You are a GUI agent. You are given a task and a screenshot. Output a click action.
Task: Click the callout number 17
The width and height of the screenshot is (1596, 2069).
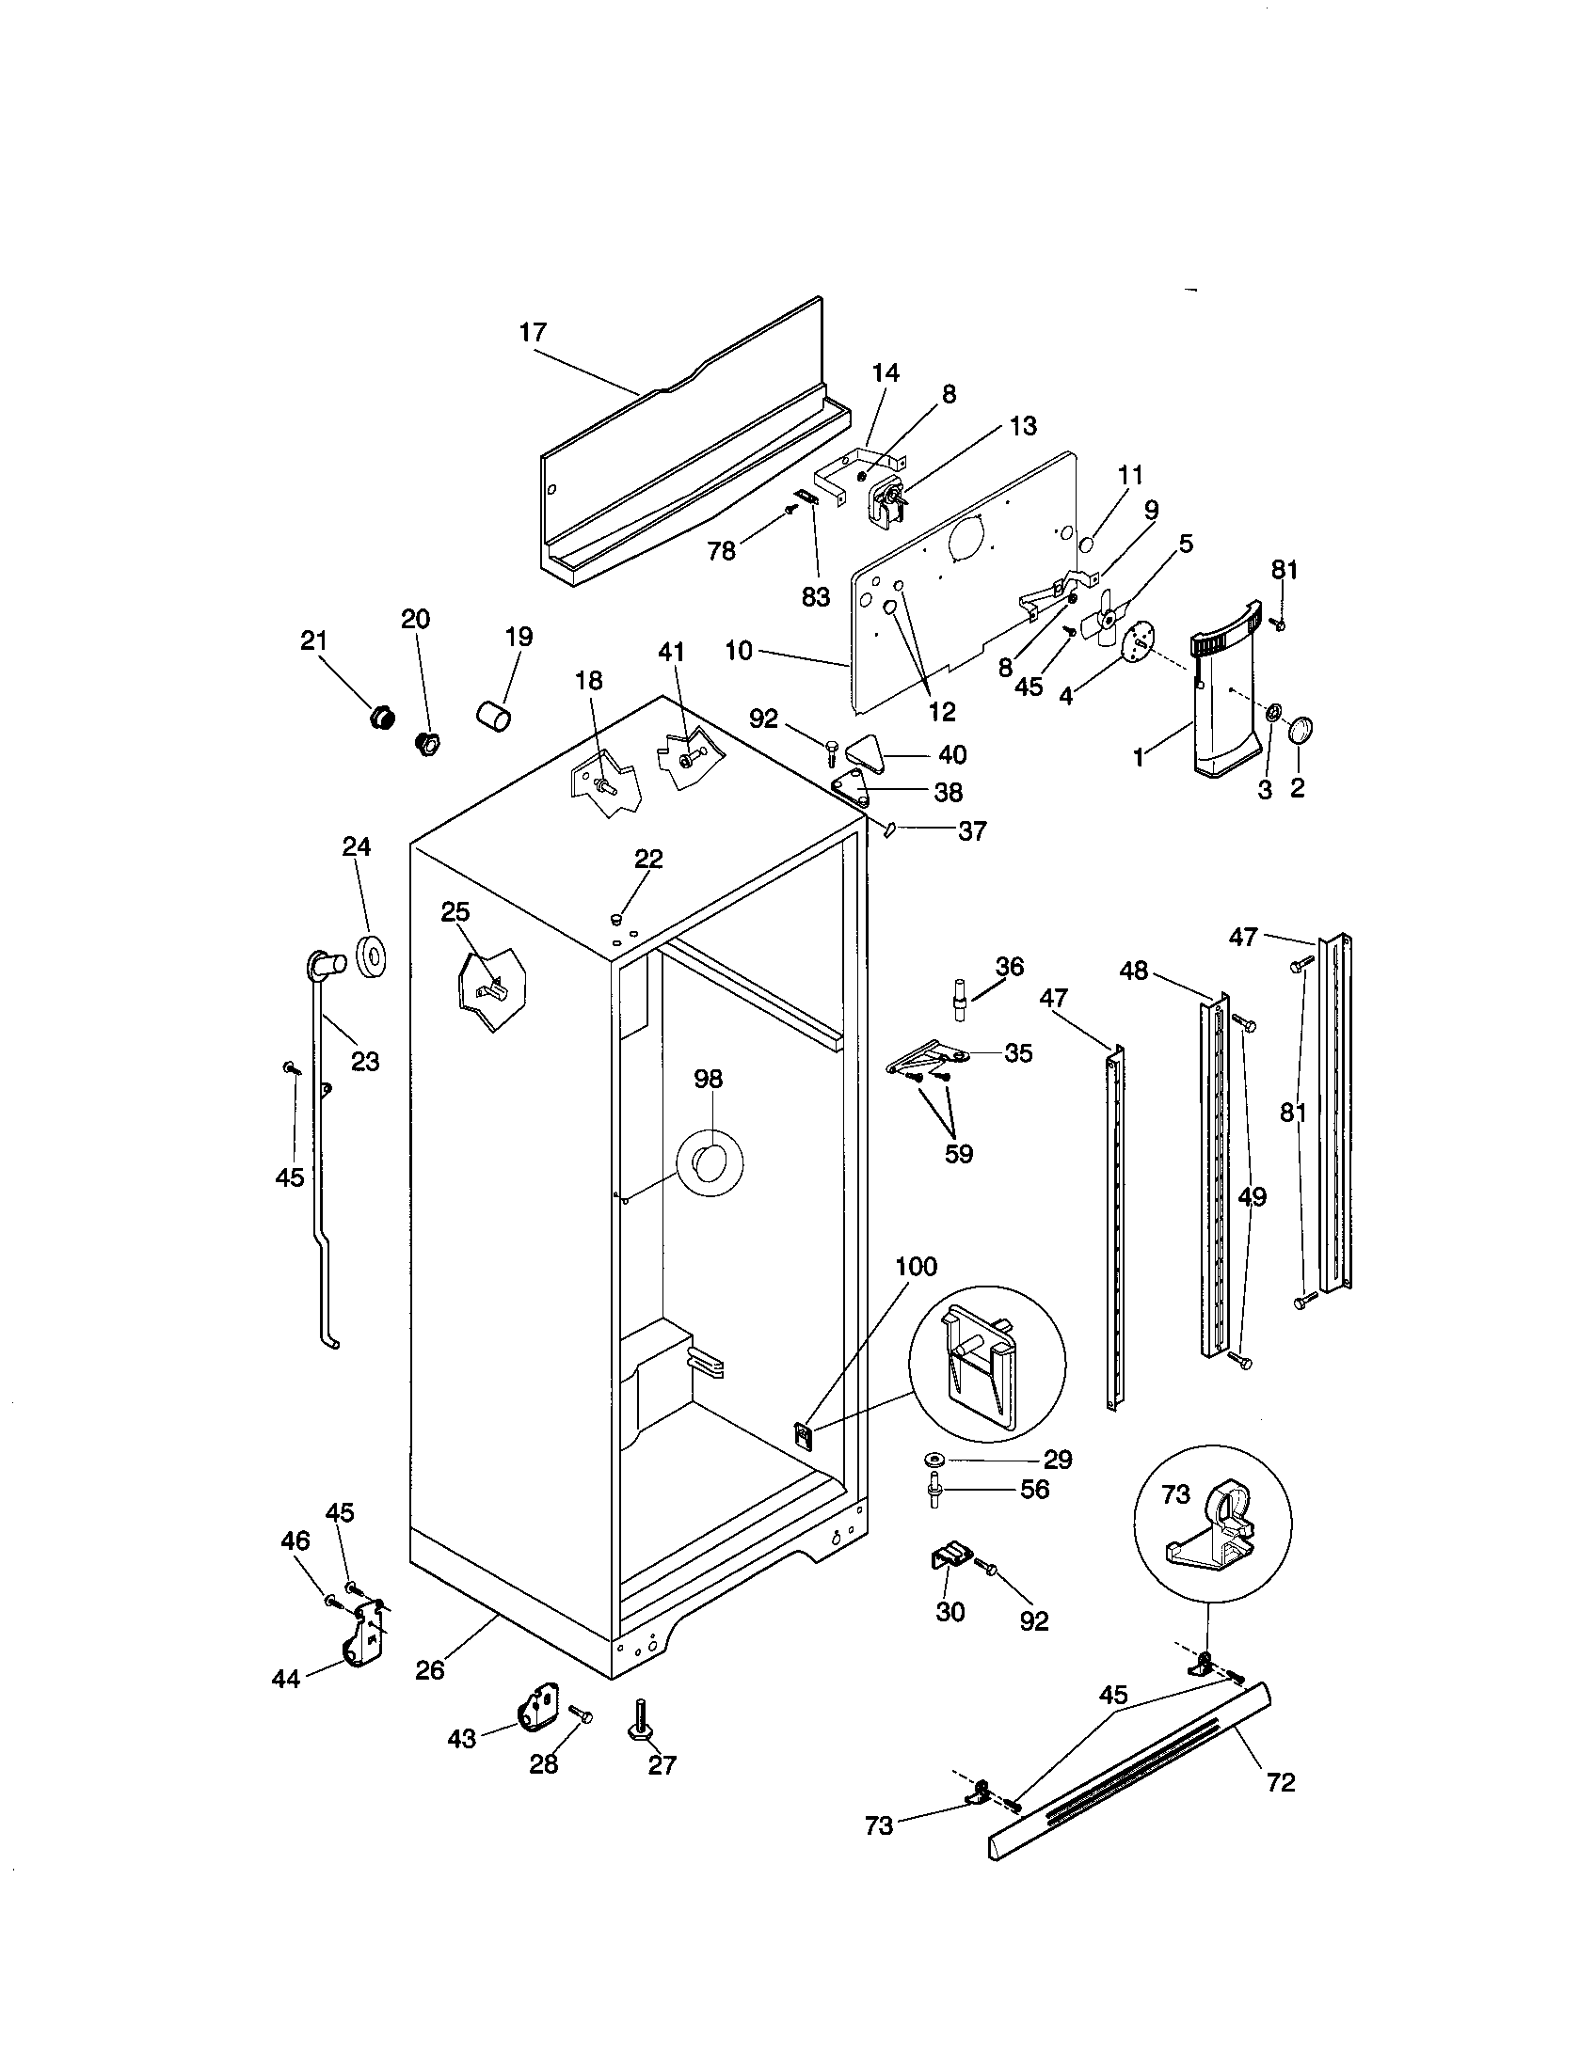534,333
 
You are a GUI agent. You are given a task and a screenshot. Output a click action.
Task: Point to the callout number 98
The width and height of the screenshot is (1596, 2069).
708,1079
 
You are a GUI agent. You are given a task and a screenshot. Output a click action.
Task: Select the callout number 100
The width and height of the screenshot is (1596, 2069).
916,1267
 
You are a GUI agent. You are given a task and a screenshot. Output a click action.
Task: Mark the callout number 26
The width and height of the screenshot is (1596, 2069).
429,1670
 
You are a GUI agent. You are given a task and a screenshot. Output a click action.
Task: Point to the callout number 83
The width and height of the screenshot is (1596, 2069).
815,597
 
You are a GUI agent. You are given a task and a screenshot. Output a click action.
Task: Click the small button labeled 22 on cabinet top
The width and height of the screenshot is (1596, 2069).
617,917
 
